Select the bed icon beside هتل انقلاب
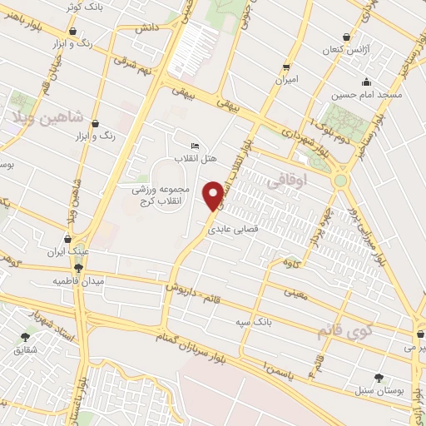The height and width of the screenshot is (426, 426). (x=195, y=146)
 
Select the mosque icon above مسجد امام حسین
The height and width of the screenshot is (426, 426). (x=366, y=82)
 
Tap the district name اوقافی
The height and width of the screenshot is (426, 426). (x=290, y=177)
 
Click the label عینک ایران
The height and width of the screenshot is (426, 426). (x=67, y=251)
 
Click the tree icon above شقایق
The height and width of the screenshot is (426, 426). (x=24, y=336)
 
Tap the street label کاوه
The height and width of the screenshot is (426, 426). (x=290, y=263)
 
